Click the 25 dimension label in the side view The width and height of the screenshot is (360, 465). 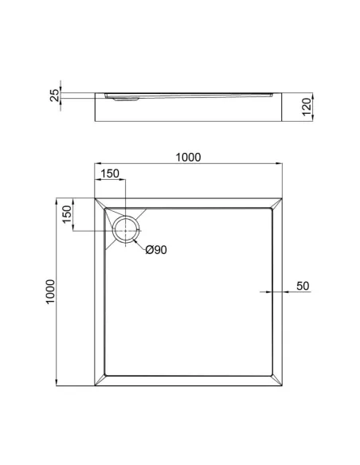[55, 96]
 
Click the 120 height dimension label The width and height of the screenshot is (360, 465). [307, 107]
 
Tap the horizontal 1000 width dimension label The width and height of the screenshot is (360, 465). [188, 157]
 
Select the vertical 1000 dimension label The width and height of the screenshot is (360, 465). [50, 291]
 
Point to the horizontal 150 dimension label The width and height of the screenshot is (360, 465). [110, 174]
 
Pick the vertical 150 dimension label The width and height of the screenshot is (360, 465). [68, 214]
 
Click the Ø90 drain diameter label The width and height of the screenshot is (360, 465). [156, 250]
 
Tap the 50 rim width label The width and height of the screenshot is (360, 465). [303, 286]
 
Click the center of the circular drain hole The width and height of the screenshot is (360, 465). [126, 230]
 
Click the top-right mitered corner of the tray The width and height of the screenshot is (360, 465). [276, 204]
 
